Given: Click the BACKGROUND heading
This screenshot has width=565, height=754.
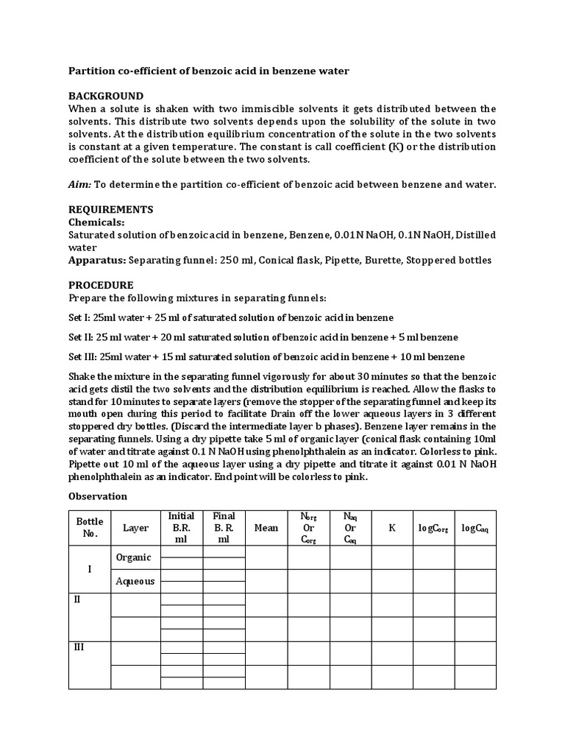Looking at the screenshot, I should (106, 96).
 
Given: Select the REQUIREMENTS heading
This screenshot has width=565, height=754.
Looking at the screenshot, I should (110, 210).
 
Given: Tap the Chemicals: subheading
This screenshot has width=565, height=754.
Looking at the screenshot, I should (96, 222).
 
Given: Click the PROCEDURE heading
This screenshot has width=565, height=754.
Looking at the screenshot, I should (101, 285).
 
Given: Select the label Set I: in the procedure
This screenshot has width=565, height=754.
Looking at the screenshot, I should (81, 317).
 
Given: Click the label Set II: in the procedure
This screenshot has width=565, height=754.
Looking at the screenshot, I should (82, 337).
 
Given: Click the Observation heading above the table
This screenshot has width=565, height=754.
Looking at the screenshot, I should (98, 496).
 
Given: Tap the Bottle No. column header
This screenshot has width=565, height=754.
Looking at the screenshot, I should (90, 527).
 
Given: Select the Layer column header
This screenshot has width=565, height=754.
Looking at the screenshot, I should (135, 528).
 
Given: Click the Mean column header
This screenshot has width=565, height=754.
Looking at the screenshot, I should (266, 528).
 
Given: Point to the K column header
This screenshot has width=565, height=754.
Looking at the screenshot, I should (392, 528).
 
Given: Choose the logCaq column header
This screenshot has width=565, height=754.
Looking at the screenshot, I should (475, 528).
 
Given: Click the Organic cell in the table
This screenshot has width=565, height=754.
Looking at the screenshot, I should (133, 557).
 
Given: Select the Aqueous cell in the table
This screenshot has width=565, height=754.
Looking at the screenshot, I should (135, 581).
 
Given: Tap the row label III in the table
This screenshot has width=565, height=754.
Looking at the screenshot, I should (79, 648).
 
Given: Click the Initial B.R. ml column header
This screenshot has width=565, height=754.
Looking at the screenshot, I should (181, 527).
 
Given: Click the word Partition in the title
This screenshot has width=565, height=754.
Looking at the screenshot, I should (92, 71).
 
